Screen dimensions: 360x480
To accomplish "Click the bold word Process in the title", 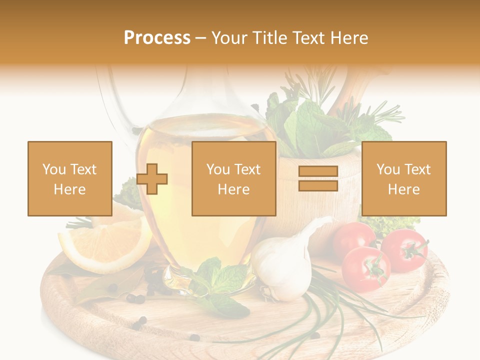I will click(x=157, y=38).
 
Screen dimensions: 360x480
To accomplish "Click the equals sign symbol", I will click(x=318, y=179).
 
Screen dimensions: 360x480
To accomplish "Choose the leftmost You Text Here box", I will click(x=70, y=178).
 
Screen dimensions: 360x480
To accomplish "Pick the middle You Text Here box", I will click(x=233, y=178).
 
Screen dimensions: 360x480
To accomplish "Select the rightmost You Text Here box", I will click(x=403, y=178).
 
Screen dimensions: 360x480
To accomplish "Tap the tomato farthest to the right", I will click(x=405, y=250).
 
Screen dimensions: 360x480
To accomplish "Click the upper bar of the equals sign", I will click(x=318, y=172).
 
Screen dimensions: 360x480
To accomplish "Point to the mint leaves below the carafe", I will click(x=220, y=285).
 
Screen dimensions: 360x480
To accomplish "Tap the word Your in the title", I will click(x=228, y=38).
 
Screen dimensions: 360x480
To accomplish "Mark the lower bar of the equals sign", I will click(x=318, y=186).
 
